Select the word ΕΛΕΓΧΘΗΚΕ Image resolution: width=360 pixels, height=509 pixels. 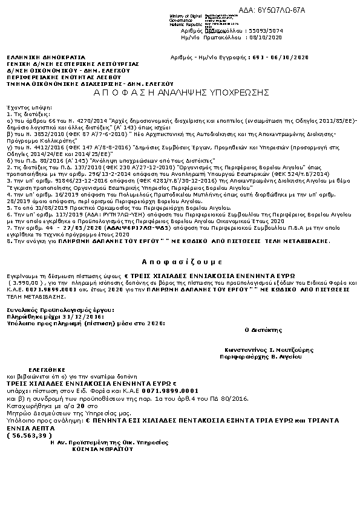coord(42,367)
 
